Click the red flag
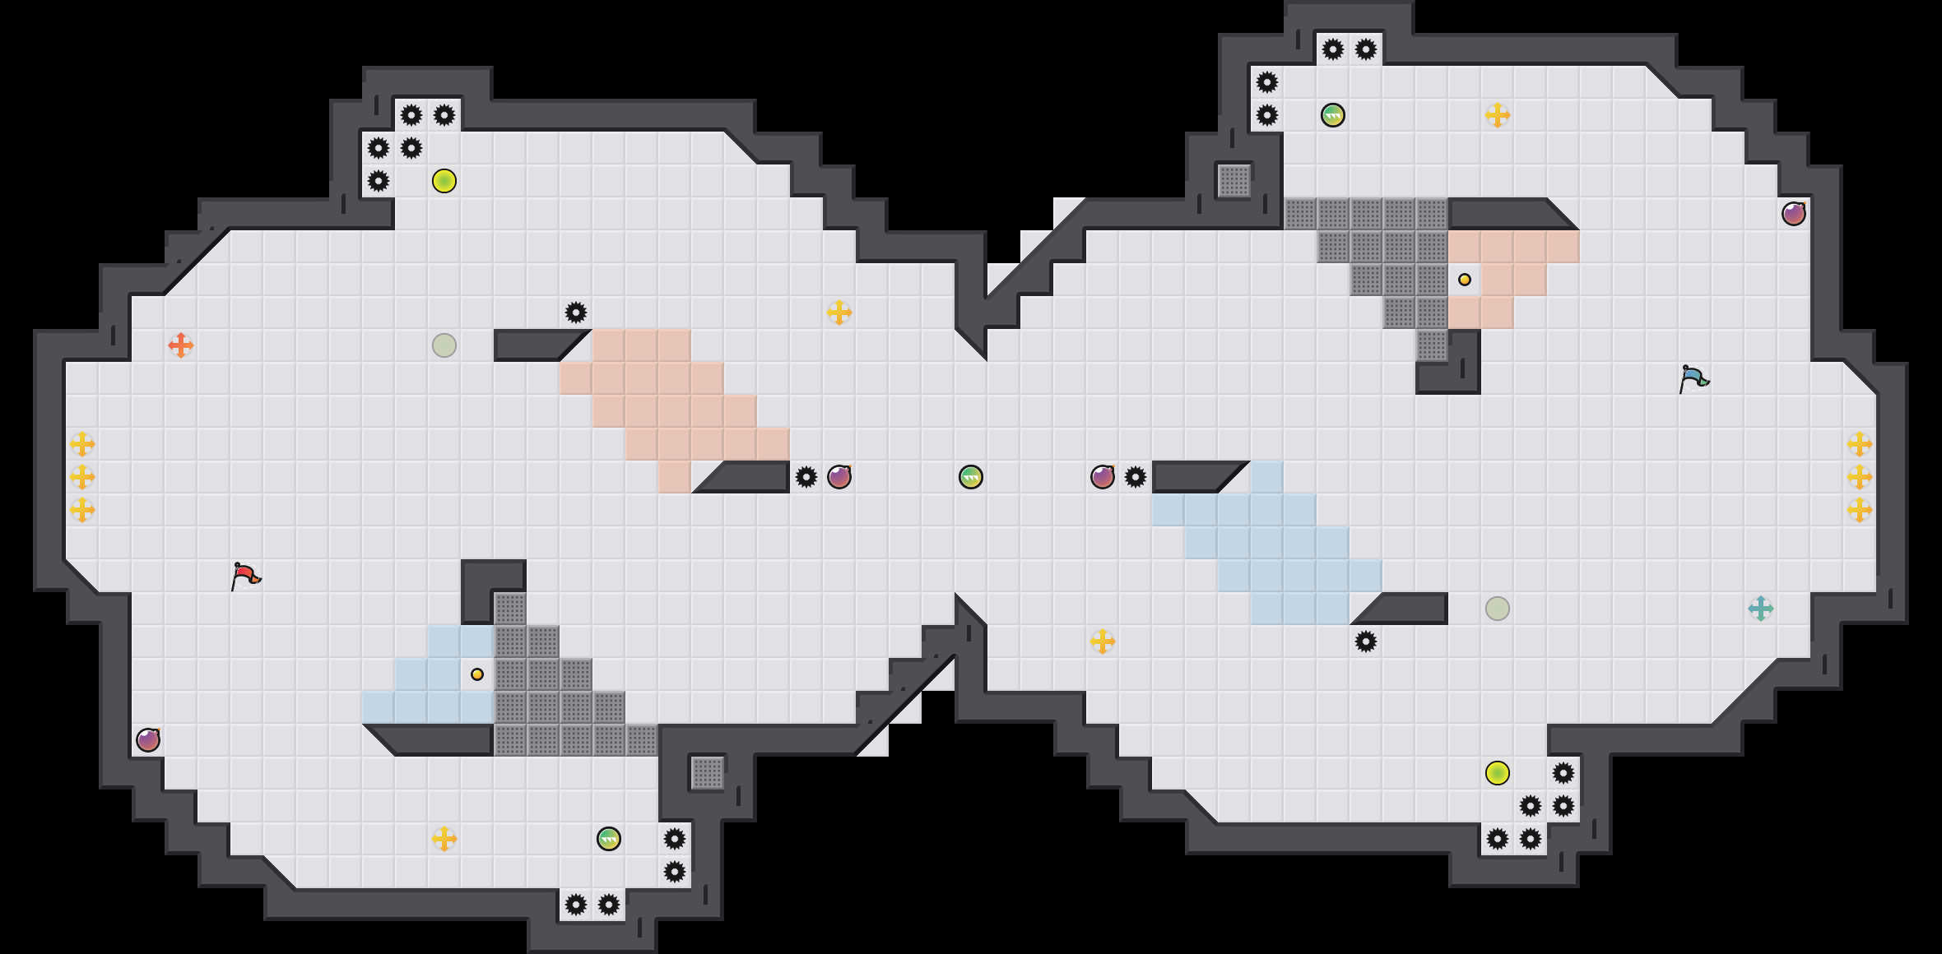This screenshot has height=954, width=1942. (245, 576)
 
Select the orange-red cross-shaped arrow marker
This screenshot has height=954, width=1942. (181, 345)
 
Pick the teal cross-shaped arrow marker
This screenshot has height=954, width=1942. (1761, 609)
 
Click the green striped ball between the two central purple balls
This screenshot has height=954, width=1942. (971, 477)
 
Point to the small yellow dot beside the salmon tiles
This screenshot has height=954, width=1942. (1465, 280)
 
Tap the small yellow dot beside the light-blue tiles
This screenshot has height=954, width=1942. (477, 674)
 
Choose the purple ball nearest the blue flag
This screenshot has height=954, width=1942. (1794, 214)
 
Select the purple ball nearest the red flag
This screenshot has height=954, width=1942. (148, 740)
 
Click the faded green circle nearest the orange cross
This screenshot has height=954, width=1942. (444, 345)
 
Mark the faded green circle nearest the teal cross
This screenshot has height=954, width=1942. (1498, 609)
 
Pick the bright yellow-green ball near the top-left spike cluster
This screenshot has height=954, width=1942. (444, 181)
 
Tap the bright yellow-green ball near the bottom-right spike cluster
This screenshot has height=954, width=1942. (1498, 773)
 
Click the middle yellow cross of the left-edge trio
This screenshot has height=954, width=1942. (82, 477)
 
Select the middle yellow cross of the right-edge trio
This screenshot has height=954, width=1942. (1860, 477)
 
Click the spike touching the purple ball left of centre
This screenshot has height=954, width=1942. (806, 477)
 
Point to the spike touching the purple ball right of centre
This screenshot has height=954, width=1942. (1136, 477)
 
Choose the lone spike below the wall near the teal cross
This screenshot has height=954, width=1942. (1366, 641)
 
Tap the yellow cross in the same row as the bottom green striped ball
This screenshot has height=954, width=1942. (444, 839)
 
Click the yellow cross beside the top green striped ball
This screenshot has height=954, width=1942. (1498, 115)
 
